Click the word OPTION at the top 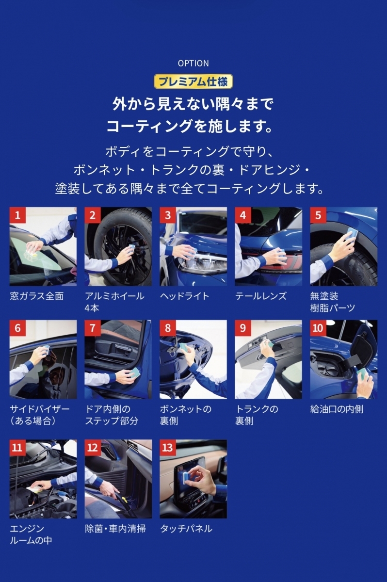point(193,64)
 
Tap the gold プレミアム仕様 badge point(193,81)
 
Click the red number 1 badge point(17,215)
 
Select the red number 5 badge point(318,215)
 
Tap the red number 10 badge point(318,328)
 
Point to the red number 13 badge point(168,447)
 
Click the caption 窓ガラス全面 point(37,296)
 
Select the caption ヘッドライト point(185,296)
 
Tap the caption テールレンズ point(261,296)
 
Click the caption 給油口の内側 point(337,409)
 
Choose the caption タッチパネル point(186,529)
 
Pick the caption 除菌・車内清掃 point(115,529)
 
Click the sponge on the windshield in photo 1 point(32,251)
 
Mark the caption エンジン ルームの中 point(31,534)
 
